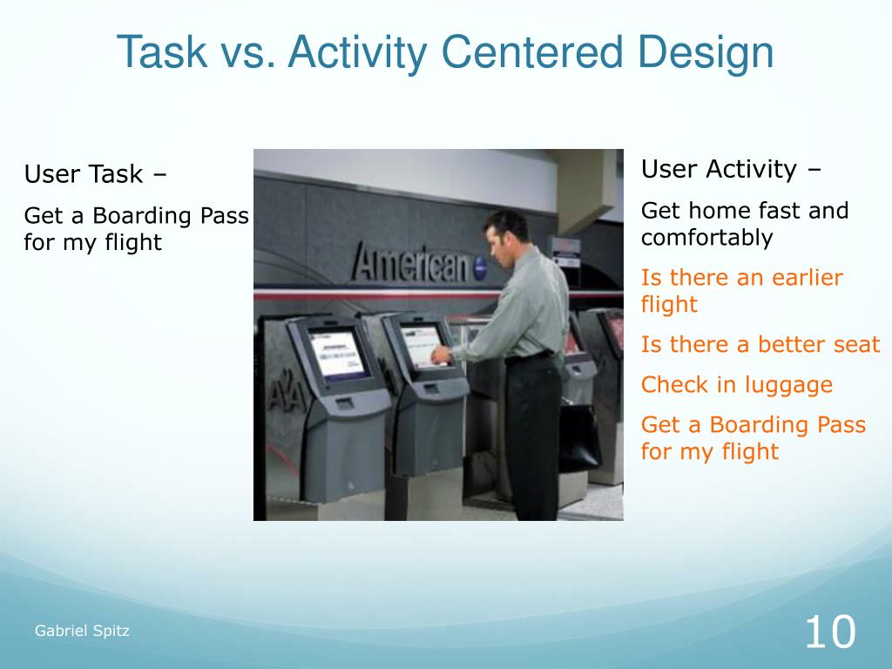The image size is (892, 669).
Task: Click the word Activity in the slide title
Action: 357,52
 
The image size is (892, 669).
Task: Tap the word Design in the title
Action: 705,52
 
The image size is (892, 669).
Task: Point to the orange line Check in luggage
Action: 737,385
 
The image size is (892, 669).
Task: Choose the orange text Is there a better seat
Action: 760,345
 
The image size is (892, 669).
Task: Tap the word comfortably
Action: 707,238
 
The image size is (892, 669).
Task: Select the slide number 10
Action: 830,632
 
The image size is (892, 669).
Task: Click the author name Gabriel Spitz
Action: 82,631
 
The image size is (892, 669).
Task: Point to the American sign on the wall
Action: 418,263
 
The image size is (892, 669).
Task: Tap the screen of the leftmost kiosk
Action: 336,354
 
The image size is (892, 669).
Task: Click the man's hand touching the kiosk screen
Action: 441,356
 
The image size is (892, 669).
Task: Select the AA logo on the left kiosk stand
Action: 287,393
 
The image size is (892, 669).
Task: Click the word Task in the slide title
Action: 162,52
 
